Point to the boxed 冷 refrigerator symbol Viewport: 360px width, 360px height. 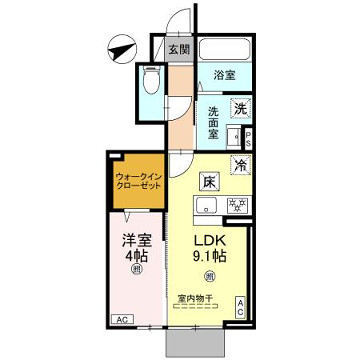242,166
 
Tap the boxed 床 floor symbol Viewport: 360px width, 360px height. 209,182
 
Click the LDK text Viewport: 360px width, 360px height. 210,241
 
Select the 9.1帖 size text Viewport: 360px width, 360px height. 210,258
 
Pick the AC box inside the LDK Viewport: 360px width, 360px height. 242,308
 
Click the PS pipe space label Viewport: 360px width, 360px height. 247,139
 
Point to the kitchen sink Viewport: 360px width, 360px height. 206,207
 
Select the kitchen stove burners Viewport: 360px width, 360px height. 238,207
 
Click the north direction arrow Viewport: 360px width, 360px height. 121,48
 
